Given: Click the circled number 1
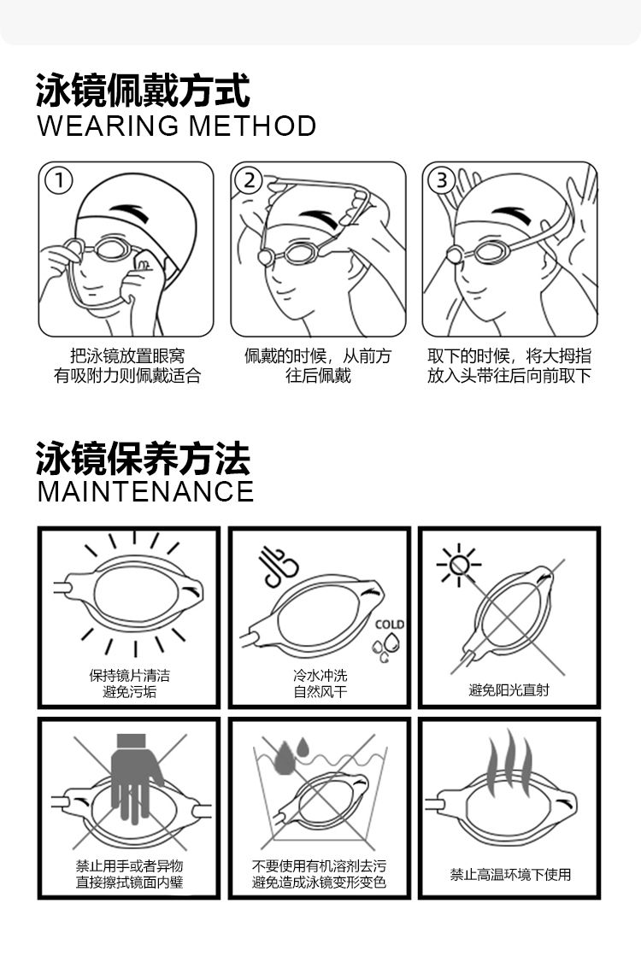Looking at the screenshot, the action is click(x=60, y=180).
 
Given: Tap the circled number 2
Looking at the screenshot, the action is click(x=250, y=180).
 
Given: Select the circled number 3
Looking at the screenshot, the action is click(x=441, y=180).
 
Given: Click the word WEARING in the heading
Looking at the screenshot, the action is click(x=108, y=126).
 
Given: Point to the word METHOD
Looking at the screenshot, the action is click(x=252, y=126).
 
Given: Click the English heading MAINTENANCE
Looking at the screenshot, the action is click(x=145, y=491).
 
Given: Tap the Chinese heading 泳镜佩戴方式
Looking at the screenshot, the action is click(x=143, y=90).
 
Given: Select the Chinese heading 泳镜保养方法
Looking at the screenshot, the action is click(x=143, y=458).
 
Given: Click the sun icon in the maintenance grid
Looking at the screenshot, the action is click(x=459, y=565).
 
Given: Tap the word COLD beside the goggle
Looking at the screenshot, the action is click(x=390, y=625).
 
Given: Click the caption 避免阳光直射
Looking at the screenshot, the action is click(x=509, y=690).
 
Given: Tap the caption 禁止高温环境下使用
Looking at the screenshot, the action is click(x=510, y=874).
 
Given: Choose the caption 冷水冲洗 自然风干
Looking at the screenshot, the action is click(x=320, y=683).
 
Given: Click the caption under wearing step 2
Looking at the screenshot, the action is click(x=318, y=366).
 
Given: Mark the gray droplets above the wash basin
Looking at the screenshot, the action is click(x=292, y=756).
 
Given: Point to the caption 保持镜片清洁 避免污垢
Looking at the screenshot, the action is click(x=130, y=683).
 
